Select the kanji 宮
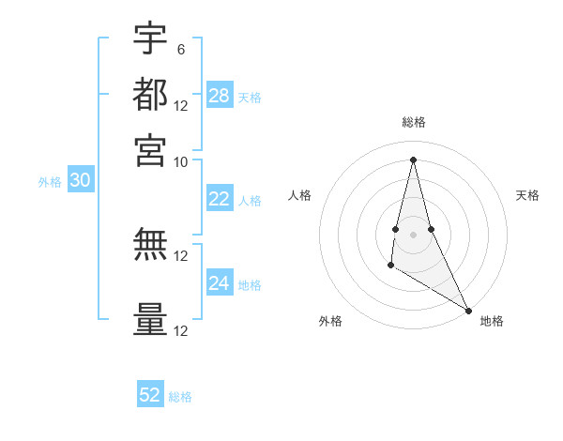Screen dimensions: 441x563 point(151,150)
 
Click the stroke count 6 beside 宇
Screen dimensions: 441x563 point(181,49)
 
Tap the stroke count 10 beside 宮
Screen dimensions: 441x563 point(181,160)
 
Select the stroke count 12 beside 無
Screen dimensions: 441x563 point(181,255)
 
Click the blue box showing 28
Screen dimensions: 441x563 point(220,96)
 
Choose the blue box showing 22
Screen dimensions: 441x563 point(220,199)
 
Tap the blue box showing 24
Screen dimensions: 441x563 point(220,283)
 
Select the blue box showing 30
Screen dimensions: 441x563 point(80,181)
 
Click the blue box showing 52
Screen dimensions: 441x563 point(150,395)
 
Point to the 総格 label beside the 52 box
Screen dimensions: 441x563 point(180,397)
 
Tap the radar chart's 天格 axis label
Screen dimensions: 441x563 point(527,195)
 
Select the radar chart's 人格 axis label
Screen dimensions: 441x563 point(299,195)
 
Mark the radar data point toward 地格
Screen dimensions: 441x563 point(468,310)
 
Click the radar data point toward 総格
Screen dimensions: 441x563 point(413,159)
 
